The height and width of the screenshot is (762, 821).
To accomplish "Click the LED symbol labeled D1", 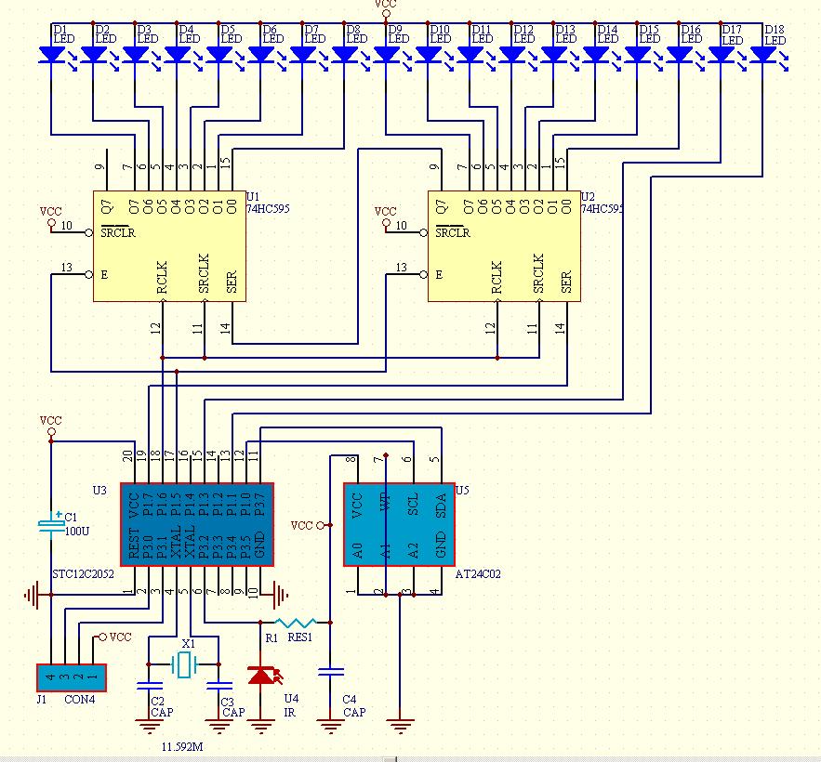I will click(x=51, y=55).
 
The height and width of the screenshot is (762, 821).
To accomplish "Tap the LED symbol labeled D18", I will click(x=762, y=55).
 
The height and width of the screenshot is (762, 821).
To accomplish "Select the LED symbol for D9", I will click(x=386, y=55).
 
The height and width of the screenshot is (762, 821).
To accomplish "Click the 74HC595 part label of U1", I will click(x=268, y=209).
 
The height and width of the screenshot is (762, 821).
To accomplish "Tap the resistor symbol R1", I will click(x=298, y=622).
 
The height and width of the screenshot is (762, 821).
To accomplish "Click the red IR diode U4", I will click(x=261, y=676).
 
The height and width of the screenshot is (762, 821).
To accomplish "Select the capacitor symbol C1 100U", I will click(x=51, y=526).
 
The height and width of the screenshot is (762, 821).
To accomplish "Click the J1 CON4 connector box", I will click(x=72, y=678).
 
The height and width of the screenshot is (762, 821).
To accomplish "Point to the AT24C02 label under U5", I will click(x=478, y=575).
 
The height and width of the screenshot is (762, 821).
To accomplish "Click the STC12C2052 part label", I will click(x=83, y=575).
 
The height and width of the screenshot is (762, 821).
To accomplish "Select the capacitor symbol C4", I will click(x=330, y=670).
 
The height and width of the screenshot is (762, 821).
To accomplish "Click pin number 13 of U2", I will click(x=401, y=268).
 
